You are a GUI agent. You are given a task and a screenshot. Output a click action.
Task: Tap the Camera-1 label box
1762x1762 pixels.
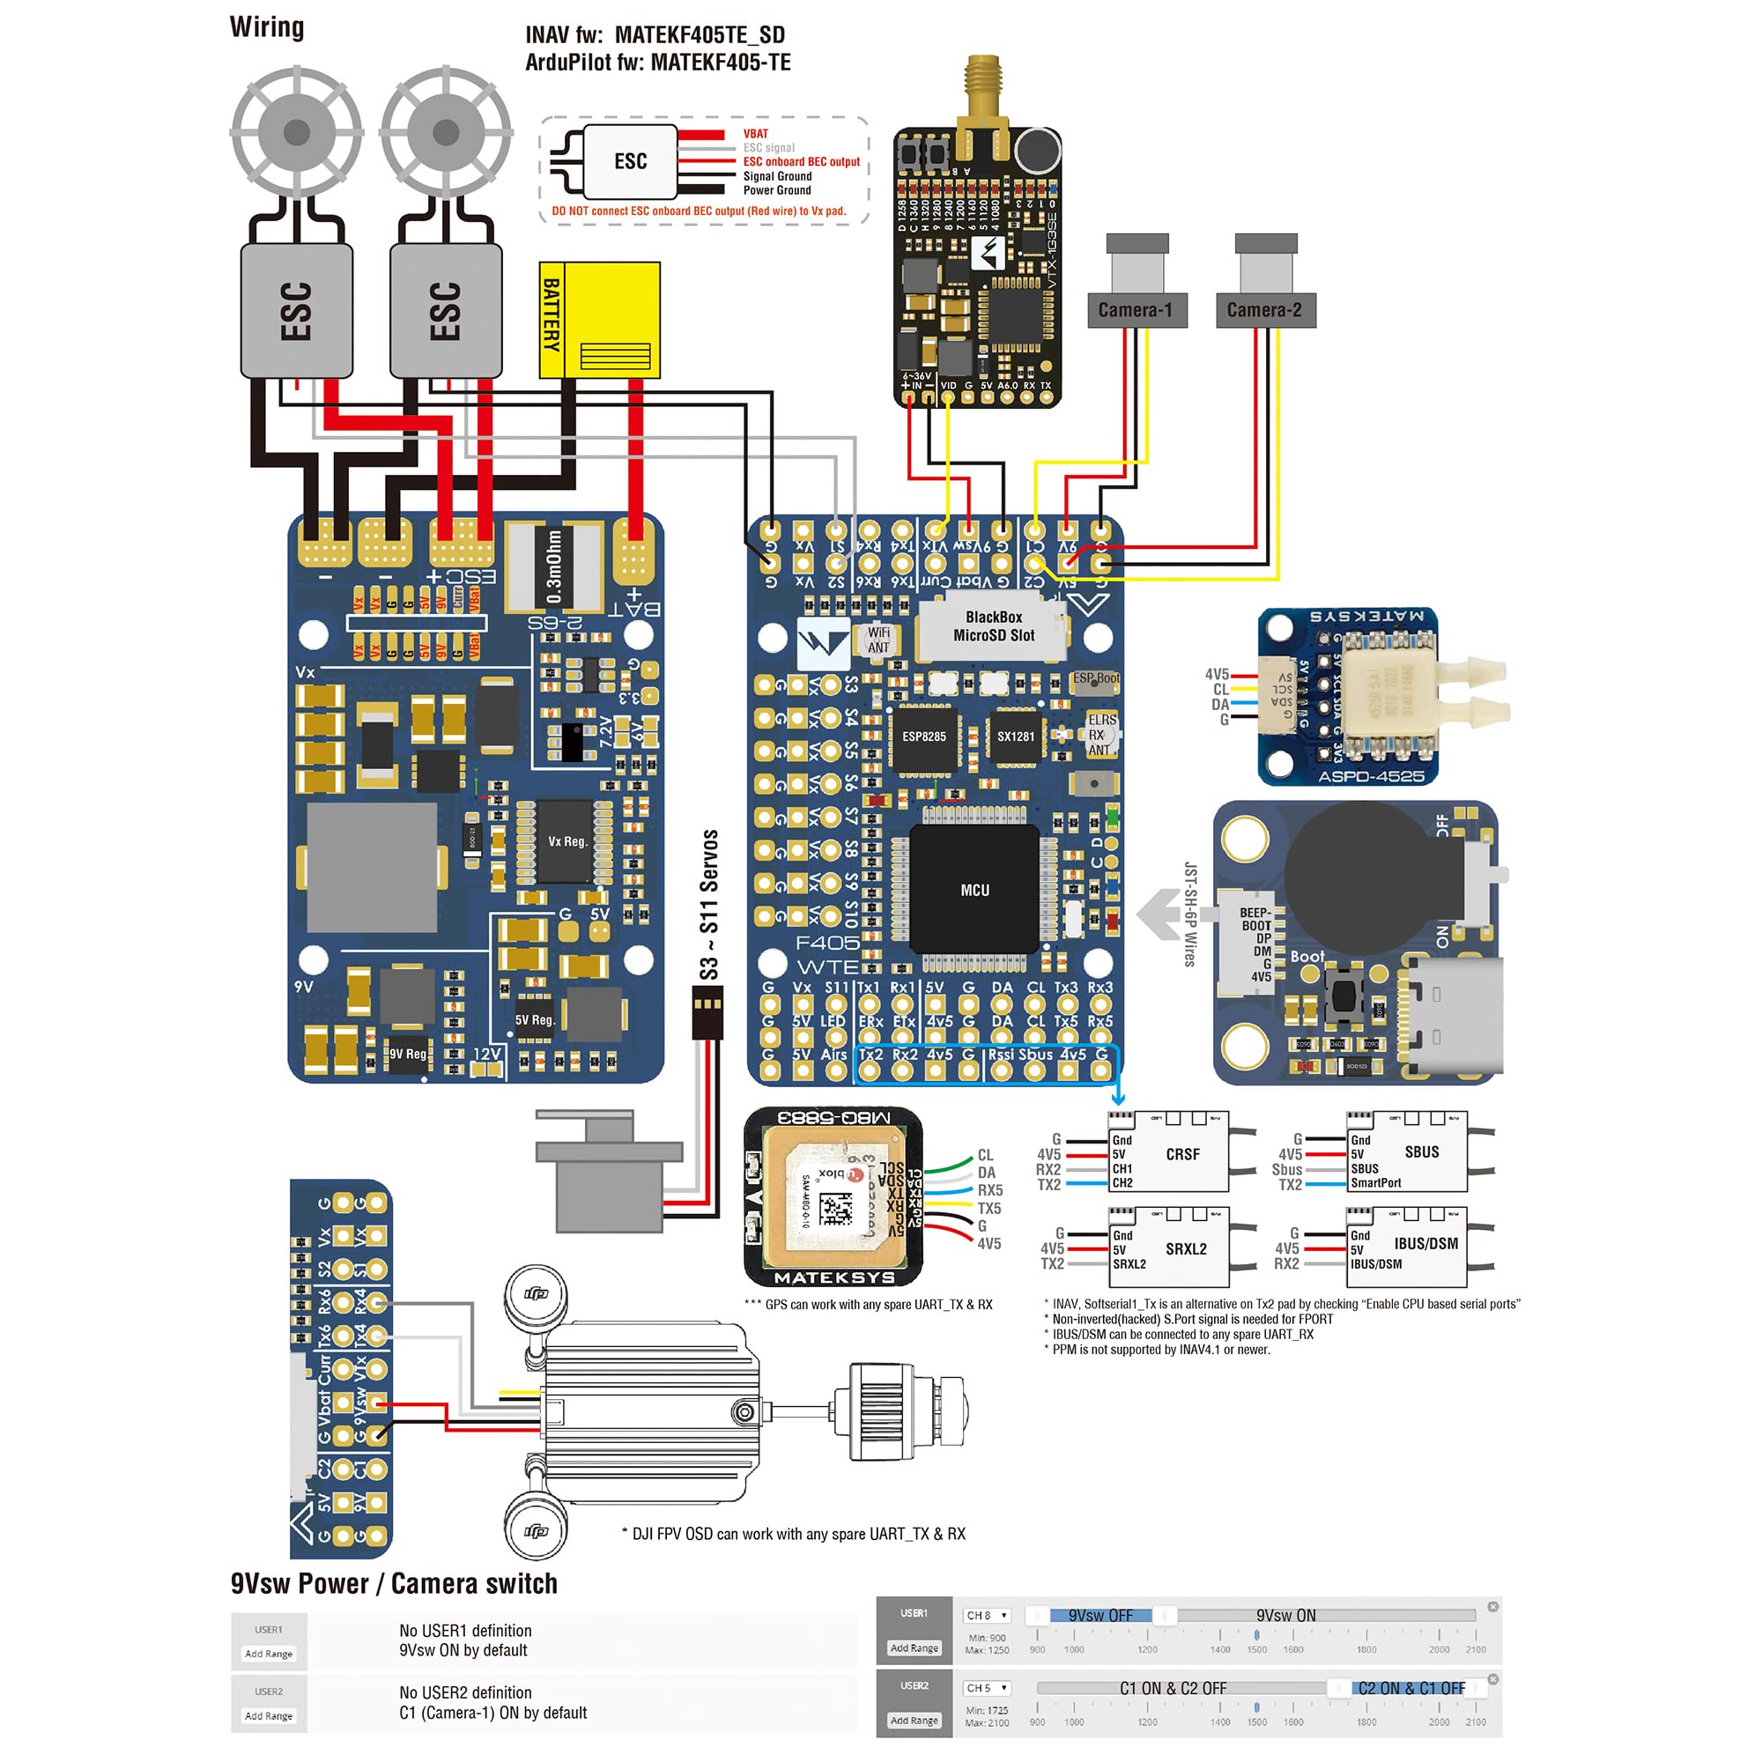coord(1136,310)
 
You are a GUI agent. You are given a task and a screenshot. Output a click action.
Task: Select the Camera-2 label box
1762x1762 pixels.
coord(1265,310)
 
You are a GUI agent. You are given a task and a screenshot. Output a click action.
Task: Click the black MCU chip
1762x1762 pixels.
coord(974,889)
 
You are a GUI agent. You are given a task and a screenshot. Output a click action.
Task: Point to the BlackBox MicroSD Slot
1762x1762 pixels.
coord(992,626)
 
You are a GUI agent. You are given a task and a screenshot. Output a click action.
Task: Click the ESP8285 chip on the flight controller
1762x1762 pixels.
coord(924,736)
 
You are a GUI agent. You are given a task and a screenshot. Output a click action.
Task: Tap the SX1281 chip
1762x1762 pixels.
coord(1015,736)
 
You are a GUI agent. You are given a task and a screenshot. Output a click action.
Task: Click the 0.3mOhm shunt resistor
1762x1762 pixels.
coord(553,567)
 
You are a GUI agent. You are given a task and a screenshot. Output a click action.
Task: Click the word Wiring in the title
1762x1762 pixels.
coord(266,27)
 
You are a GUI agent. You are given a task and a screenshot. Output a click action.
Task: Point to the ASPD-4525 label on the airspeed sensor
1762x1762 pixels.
coord(1370,776)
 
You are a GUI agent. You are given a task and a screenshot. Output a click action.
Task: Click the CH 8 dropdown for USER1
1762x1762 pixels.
coord(986,1615)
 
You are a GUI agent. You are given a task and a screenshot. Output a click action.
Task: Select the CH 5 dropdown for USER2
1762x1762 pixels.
coord(986,1688)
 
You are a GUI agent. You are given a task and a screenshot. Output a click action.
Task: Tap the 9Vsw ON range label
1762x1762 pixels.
coord(1286,1615)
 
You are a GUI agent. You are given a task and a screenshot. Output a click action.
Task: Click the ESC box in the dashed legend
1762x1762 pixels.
coord(630,161)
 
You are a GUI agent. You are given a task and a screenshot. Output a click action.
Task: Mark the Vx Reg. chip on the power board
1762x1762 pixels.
coord(566,841)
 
